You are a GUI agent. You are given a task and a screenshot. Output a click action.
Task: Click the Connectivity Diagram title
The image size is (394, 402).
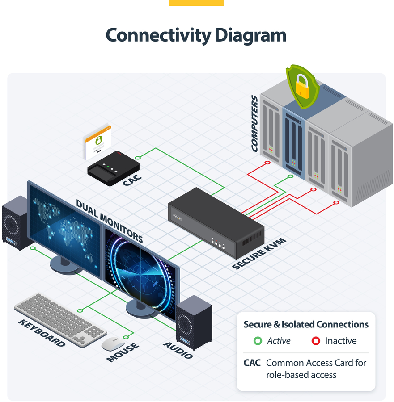[196, 35]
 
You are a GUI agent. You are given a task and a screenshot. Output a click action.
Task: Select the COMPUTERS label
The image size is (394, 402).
[255, 123]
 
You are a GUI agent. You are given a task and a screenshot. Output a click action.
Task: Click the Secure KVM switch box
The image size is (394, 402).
[216, 221]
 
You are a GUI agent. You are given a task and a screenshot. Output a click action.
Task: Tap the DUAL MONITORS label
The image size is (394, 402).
[110, 221]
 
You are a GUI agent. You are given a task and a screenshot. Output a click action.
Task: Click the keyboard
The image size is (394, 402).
[60, 319]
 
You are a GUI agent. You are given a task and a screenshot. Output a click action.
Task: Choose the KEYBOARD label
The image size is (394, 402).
[42, 333]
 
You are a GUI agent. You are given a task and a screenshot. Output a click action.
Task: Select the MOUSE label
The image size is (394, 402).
[122, 353]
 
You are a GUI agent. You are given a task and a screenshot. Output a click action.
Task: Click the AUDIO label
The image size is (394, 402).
[178, 350]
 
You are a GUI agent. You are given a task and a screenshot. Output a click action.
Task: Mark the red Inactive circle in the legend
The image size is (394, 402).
[316, 341]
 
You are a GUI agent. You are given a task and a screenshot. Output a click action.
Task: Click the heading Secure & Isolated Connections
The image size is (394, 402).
[306, 324]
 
